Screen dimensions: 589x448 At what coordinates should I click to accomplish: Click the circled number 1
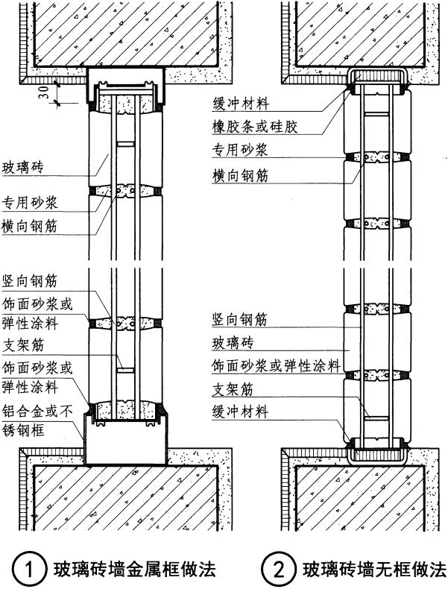tap(28, 570)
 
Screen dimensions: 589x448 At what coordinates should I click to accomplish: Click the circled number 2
tap(277, 570)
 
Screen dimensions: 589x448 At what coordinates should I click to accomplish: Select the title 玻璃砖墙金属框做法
tap(133, 570)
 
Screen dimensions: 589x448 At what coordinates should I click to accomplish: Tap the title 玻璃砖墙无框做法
tap(373, 570)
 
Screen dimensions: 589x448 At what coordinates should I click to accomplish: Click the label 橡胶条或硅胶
tap(254, 127)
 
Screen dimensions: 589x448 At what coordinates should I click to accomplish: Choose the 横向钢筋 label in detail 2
tap(239, 175)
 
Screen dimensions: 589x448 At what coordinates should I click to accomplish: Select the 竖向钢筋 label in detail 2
tap(239, 320)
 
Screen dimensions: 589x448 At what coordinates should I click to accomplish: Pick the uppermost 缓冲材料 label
tap(239, 104)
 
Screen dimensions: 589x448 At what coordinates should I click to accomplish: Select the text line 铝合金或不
tap(36, 412)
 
